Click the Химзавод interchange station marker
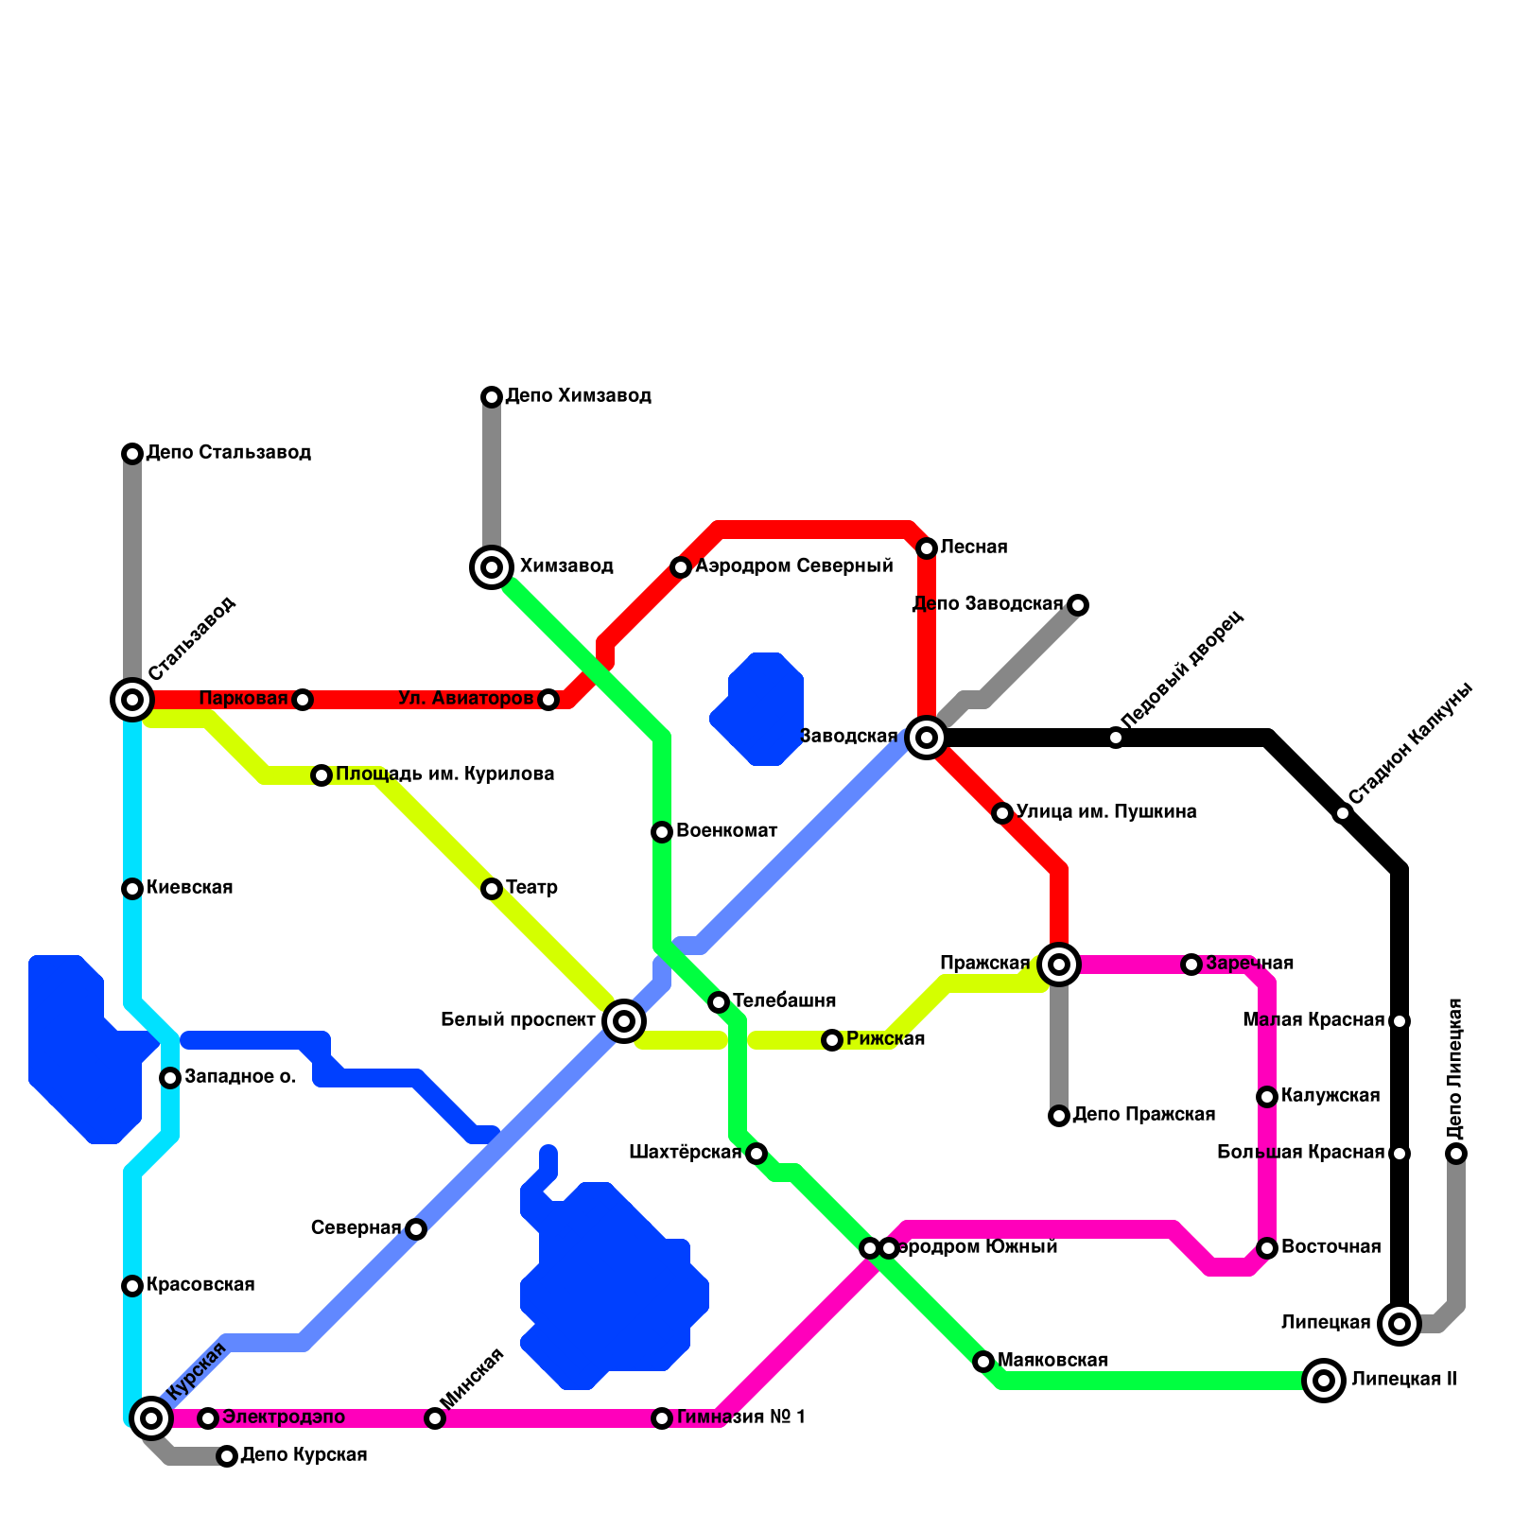(492, 567)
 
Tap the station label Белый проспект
(518, 1020)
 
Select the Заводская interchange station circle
(927, 738)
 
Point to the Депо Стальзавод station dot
(132, 454)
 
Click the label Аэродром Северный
(793, 566)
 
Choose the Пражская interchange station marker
(1059, 965)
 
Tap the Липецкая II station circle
(1324, 1381)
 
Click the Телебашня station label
(784, 1000)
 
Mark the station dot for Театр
(492, 889)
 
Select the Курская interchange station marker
(151, 1418)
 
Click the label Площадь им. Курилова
(444, 774)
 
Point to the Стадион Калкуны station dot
(1343, 813)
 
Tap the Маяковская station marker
(983, 1362)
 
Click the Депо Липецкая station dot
(1456, 1154)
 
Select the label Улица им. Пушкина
(1106, 812)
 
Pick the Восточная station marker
(1267, 1248)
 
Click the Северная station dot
(416, 1229)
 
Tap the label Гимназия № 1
(740, 1417)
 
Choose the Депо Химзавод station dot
(492, 397)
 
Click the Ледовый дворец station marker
(1116, 738)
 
